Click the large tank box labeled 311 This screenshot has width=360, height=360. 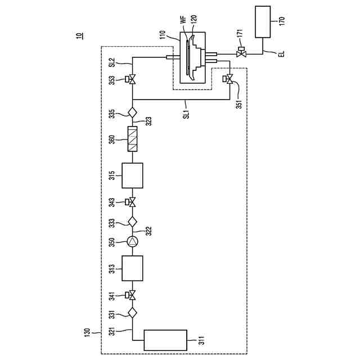165,340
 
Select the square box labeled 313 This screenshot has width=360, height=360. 132,268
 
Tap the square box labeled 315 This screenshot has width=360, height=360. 132,175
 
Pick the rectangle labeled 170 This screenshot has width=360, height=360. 263,22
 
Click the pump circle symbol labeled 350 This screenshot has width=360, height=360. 133,242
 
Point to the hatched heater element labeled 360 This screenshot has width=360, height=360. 133,139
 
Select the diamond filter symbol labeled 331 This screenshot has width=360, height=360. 133,313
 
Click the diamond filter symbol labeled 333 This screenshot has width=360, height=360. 133,222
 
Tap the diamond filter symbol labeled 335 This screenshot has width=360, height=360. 133,112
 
